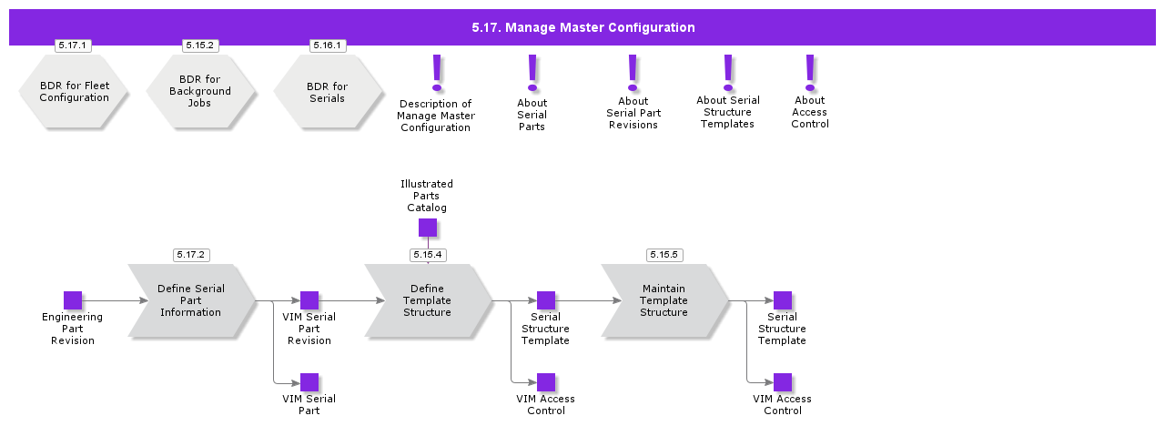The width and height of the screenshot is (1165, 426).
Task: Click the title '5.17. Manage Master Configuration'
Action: tap(582, 27)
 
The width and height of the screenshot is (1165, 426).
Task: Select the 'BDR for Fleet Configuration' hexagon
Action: tap(74, 92)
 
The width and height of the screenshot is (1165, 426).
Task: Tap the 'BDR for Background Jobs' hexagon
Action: tap(200, 92)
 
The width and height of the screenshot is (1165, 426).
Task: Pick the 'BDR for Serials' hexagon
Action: tap(328, 92)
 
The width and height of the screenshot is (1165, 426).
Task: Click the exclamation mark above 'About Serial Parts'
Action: tap(532, 73)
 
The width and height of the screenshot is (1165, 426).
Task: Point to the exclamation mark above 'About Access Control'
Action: tap(809, 73)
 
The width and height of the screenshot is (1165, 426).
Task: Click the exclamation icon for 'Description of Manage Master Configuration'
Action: tap(437, 73)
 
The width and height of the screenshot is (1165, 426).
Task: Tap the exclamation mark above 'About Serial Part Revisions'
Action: tap(633, 73)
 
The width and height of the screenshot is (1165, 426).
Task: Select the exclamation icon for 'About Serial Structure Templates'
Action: tap(727, 73)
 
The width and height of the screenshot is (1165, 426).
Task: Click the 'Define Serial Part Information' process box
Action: tap(191, 300)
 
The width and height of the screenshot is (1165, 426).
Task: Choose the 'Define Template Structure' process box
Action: tap(428, 300)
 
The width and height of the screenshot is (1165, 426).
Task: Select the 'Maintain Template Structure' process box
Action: tap(664, 300)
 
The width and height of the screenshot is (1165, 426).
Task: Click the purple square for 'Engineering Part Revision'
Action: tap(73, 300)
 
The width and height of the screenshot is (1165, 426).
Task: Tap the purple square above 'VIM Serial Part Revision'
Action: tap(309, 300)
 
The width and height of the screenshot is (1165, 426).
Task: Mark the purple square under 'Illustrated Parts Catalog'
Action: tap(428, 228)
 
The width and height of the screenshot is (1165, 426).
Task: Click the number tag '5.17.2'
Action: tap(191, 255)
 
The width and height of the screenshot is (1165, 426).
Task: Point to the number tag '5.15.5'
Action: tap(664, 255)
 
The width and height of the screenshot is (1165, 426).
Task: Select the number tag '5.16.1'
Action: tap(328, 46)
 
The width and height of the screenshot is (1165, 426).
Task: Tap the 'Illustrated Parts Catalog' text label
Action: tap(427, 196)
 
